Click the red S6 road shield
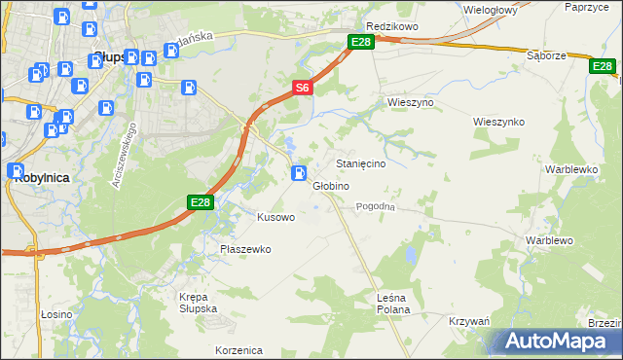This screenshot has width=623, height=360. pyautogui.click(x=302, y=88)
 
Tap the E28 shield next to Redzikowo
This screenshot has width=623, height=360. pyautogui.click(x=361, y=41)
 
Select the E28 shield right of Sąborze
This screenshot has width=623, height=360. pyautogui.click(x=602, y=66)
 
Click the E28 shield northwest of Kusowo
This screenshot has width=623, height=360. pyautogui.click(x=200, y=201)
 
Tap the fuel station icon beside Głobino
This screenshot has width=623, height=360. pyautogui.click(x=298, y=173)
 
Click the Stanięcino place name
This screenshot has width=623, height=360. pyautogui.click(x=360, y=164)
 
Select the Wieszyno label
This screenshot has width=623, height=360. pyautogui.click(x=410, y=102)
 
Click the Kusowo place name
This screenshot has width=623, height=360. pyautogui.click(x=275, y=217)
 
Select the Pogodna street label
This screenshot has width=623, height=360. pyautogui.click(x=375, y=206)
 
